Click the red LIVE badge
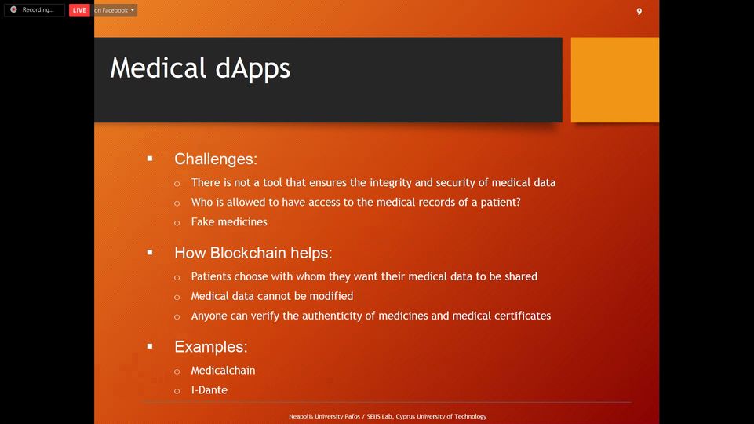(x=79, y=10)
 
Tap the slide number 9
(x=639, y=12)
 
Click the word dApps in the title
(x=253, y=68)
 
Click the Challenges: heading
(x=216, y=159)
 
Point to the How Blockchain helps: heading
(x=253, y=253)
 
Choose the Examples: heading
(x=210, y=346)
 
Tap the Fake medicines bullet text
(x=229, y=222)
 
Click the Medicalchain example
(x=223, y=370)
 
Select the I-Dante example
(x=209, y=389)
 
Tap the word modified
(x=331, y=296)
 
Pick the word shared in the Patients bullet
(x=521, y=276)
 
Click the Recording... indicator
(x=35, y=10)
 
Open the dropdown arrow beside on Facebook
(x=133, y=10)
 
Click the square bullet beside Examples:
(x=150, y=346)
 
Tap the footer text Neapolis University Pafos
(x=324, y=416)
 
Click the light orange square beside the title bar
(x=615, y=80)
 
